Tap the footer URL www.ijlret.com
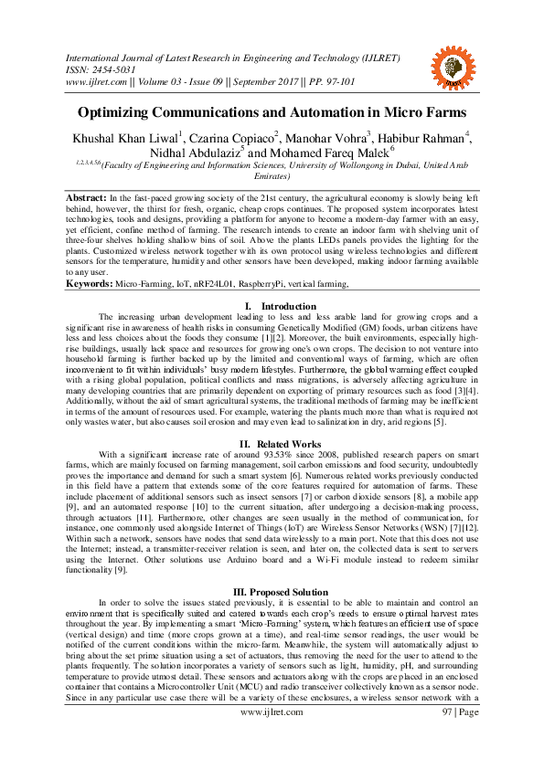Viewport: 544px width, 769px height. click(271, 737)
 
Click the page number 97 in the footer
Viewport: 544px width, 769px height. click(449, 737)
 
